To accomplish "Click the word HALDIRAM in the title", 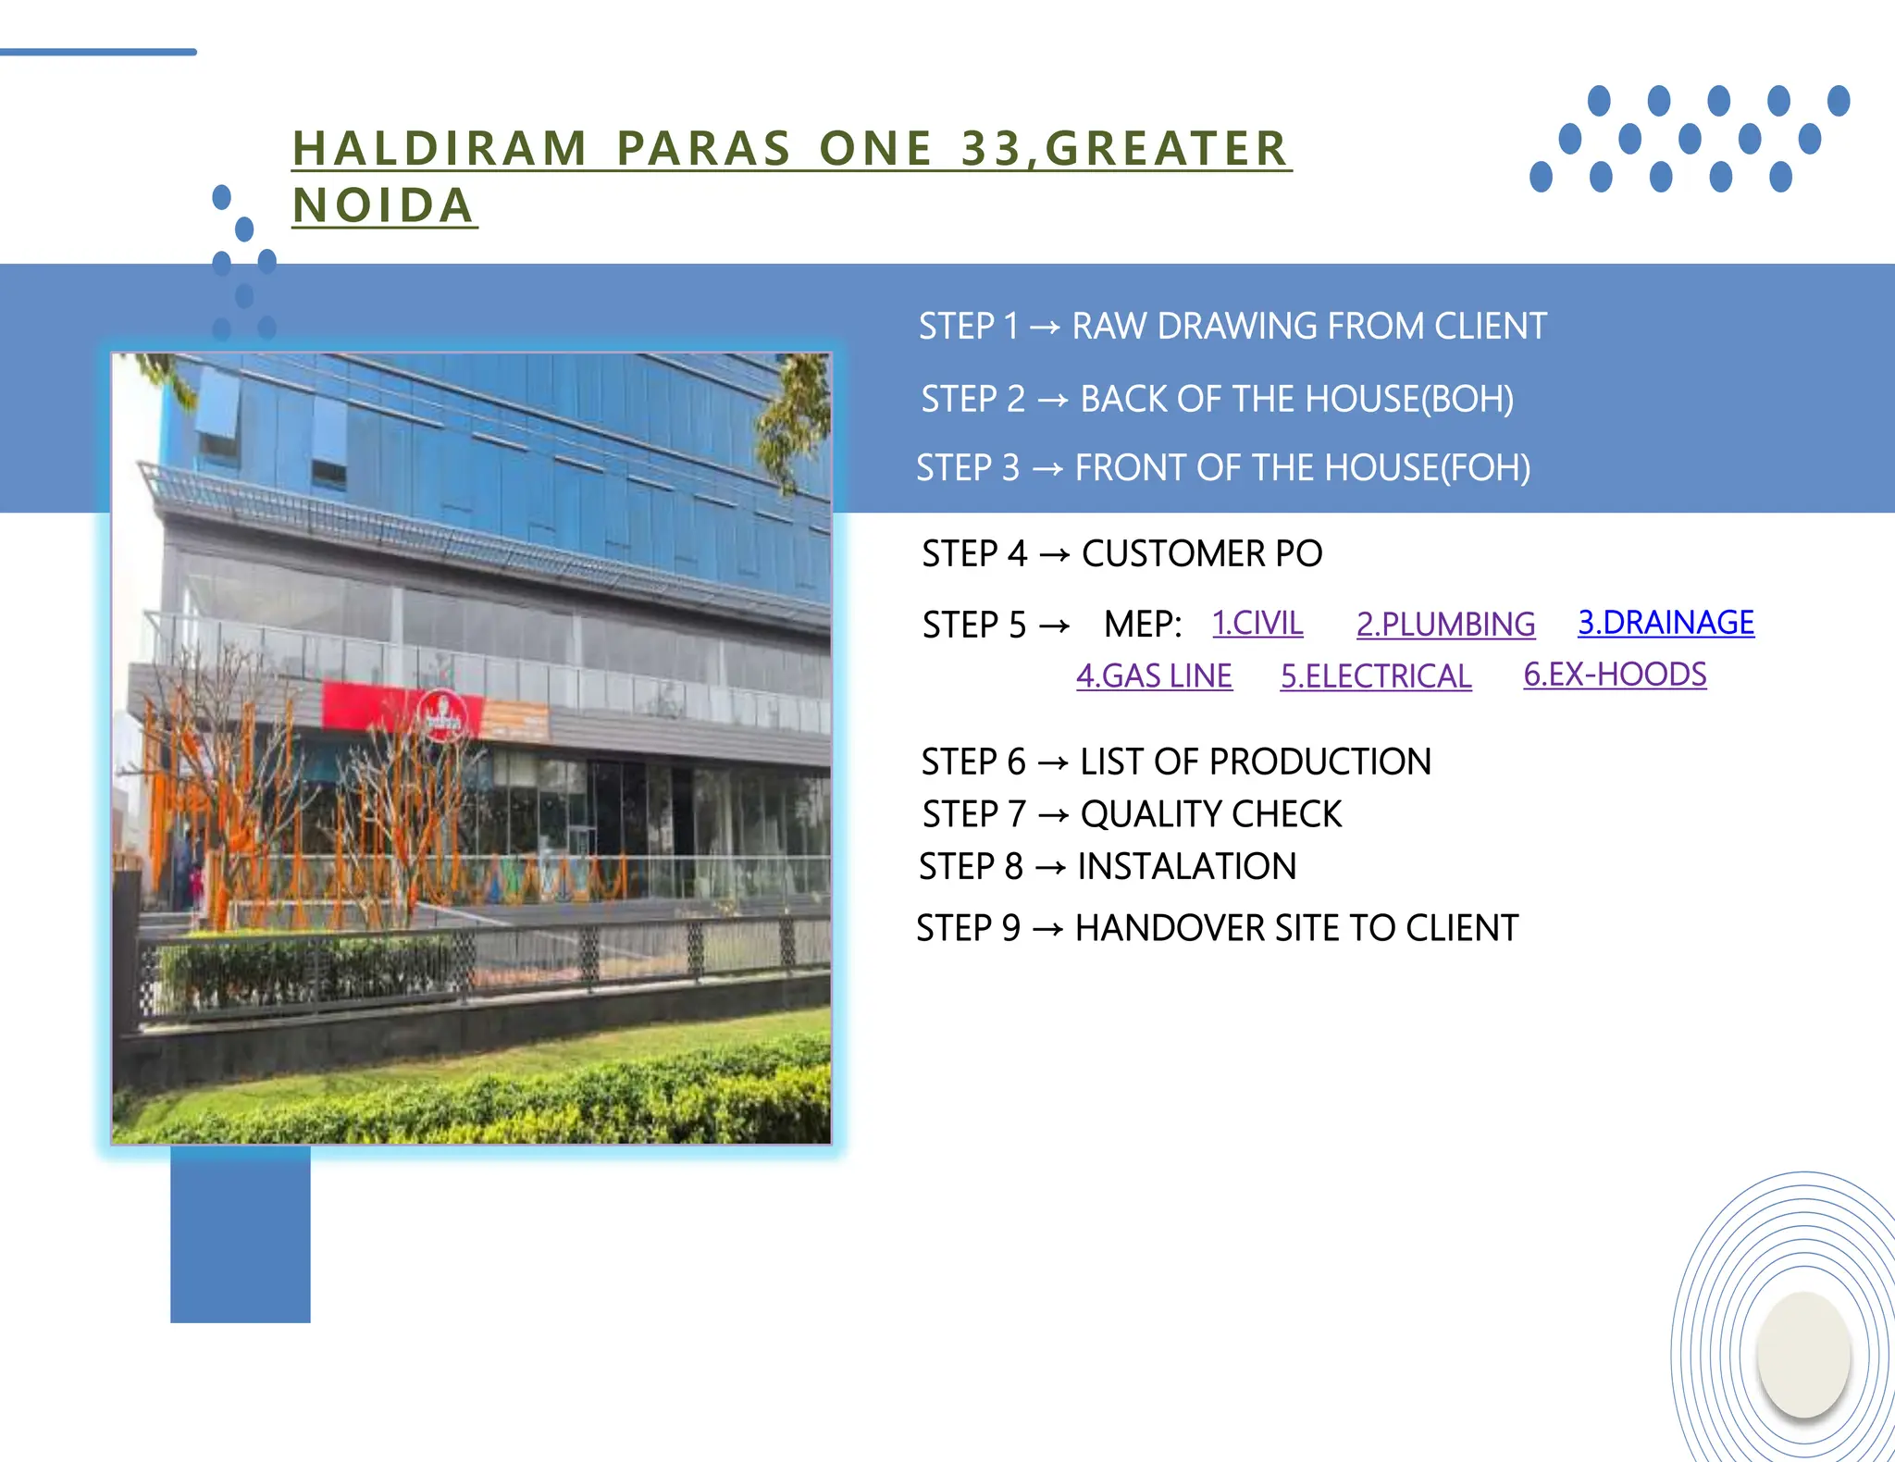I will pos(440,149).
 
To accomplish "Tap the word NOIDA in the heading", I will pos(383,205).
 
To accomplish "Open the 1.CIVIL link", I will pos(1257,623).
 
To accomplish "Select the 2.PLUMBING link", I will pos(1445,625).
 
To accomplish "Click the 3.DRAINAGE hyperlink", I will pos(1666,623).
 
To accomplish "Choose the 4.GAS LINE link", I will pos(1154,676).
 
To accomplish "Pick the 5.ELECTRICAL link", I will pos(1376,676).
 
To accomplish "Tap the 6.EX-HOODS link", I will pos(1615,675).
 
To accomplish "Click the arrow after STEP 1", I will pos(1045,328).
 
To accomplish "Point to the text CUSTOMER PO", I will pos(1201,554).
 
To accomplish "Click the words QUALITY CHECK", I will pos(1210,814).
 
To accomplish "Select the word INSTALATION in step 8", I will pos(1186,867).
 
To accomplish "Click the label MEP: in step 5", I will pos(1143,625).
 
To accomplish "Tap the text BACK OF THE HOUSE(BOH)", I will pos(1296,400).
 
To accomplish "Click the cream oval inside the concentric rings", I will pos(1803,1354).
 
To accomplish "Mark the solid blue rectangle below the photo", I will pos(241,1235).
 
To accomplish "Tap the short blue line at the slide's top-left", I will pos(97,52).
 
